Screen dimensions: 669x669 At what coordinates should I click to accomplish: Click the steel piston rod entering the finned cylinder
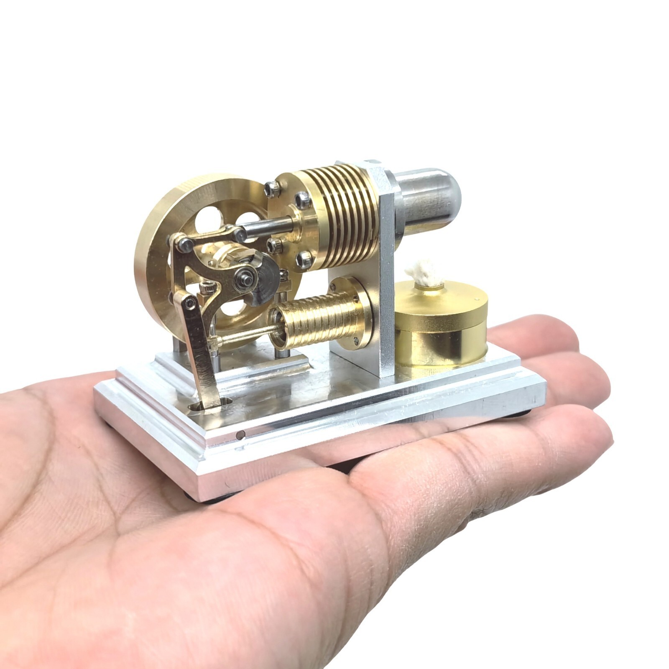268,226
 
